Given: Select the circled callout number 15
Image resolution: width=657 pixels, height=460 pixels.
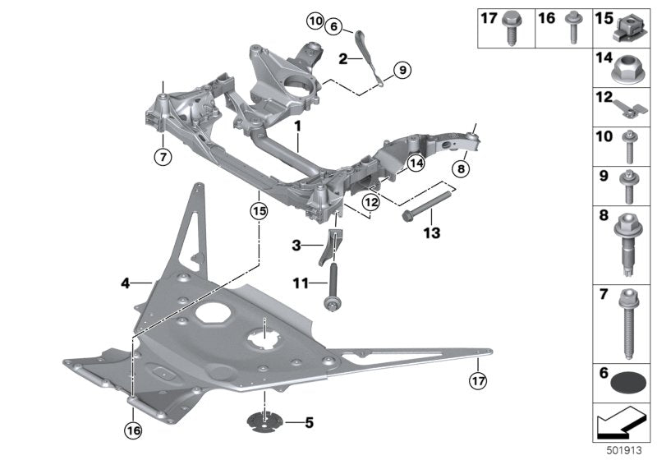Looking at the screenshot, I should click(x=260, y=210).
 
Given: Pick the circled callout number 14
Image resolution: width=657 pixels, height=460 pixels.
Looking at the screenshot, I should click(x=416, y=164).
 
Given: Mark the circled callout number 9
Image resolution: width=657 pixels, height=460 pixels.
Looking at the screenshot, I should click(x=401, y=71).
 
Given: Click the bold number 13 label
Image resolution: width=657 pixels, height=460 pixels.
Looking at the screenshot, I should click(x=430, y=233).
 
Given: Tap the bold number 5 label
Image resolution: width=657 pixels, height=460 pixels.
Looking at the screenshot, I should click(x=309, y=424).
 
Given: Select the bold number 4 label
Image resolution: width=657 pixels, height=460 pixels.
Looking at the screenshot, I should click(x=126, y=283).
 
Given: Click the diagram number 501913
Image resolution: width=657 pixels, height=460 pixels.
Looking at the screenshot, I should click(x=627, y=451).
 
